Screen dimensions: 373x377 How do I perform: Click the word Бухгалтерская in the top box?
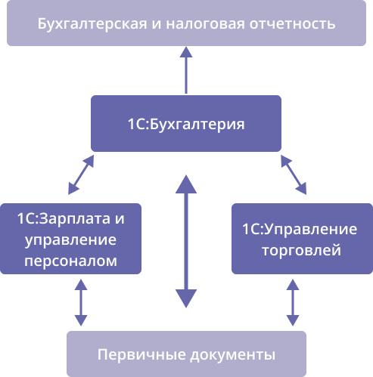tap(92, 24)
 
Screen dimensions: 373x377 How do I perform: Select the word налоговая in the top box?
tap(205, 24)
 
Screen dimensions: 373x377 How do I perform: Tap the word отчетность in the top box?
tap(293, 24)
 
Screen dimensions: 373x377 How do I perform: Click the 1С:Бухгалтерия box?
tap(186, 123)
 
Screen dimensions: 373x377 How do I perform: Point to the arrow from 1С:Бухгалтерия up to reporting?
tap(186, 70)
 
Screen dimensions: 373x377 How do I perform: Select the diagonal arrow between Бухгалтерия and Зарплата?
tap(81, 175)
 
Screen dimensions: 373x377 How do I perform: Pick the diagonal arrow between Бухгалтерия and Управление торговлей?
tap(294, 175)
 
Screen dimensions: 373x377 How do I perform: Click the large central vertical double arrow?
tap(186, 242)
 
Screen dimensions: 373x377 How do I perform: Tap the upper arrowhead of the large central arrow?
tap(186, 184)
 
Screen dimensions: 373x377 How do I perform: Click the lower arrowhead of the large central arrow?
tap(186, 298)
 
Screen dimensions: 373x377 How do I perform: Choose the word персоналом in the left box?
tap(70, 261)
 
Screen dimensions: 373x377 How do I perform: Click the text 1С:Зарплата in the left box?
tap(64, 218)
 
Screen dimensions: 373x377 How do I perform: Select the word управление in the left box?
tap(70, 239)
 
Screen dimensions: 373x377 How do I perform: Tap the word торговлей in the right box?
tap(302, 250)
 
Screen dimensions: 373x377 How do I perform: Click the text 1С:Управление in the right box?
tap(300, 230)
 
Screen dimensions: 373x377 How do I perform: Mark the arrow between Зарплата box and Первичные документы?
tap(81, 302)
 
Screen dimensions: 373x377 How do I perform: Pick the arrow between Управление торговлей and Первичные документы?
tap(293, 302)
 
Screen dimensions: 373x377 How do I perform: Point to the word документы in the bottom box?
tap(233, 355)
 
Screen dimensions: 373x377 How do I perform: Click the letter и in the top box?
tap(157, 24)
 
